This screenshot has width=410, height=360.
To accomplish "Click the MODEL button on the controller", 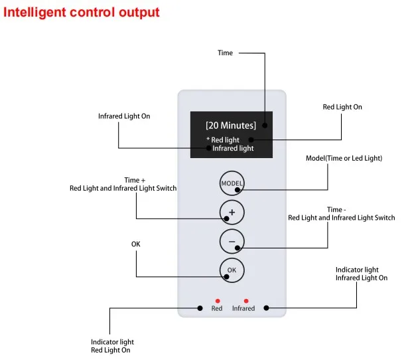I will coord(232,183).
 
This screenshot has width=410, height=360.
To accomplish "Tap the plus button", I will coord(232,213).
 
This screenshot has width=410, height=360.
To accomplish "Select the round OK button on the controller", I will coord(232,270).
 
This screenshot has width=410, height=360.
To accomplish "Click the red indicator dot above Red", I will coord(218,301).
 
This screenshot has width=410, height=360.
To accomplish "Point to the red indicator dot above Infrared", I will coord(246,301).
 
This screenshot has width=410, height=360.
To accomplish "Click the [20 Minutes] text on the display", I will coord(230,125).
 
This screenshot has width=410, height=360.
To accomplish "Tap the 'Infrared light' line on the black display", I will coord(233,148).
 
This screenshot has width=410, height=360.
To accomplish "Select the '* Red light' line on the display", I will coord(223,139).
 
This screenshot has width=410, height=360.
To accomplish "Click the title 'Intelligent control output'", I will coord(82,12).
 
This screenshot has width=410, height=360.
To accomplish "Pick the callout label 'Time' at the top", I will coord(226,52).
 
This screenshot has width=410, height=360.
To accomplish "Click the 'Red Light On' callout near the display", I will coord(342,107).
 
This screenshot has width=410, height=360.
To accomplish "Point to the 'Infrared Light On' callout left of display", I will coord(124,116).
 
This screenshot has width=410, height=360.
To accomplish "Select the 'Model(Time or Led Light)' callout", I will coord(344,158).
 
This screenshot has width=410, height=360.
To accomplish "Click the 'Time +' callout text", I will coord(132,180).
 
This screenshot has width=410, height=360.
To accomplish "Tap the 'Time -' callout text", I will coord(336,210).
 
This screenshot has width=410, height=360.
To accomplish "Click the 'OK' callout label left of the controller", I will coord(136,244).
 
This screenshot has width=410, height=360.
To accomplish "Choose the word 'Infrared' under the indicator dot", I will coord(243,308).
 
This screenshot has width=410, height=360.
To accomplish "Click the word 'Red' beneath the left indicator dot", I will coord(217,308).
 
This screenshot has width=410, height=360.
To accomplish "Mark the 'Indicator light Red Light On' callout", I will coord(111,346).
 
